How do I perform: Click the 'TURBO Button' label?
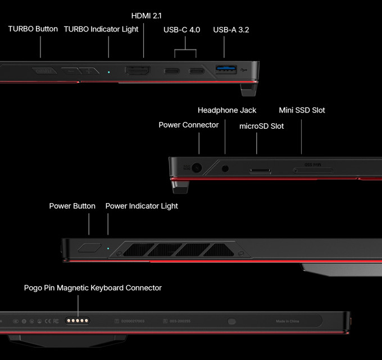(x=33, y=29)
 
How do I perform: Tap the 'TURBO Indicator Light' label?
(x=101, y=29)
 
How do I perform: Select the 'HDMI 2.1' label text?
(x=147, y=15)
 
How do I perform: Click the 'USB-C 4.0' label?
(x=182, y=30)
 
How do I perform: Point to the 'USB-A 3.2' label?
(x=231, y=30)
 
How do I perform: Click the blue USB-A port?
(x=226, y=70)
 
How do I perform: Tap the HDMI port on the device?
(x=137, y=71)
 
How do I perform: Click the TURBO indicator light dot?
(x=109, y=71)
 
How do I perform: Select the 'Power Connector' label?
(x=188, y=125)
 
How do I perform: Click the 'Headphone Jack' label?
(x=227, y=110)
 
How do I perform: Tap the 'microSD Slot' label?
(x=262, y=126)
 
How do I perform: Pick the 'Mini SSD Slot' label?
(x=302, y=110)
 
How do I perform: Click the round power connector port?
(x=197, y=168)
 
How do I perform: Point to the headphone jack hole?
(x=226, y=168)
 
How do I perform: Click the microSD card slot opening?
(x=259, y=169)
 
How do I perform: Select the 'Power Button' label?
(x=72, y=206)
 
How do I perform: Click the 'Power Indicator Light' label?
(x=142, y=206)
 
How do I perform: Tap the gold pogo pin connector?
(x=78, y=321)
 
